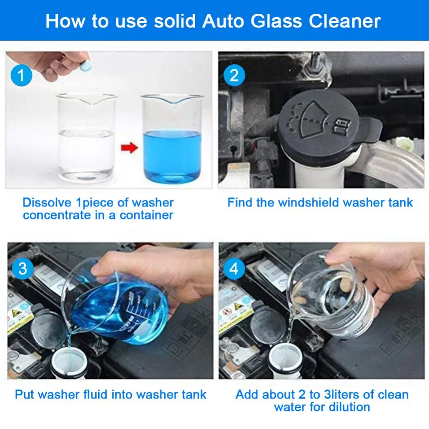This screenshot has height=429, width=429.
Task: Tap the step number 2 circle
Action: click(234, 76)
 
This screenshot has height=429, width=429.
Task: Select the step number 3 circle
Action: click(23, 269)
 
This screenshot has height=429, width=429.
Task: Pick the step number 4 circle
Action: click(234, 269)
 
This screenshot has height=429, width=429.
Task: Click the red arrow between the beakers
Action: click(129, 149)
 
